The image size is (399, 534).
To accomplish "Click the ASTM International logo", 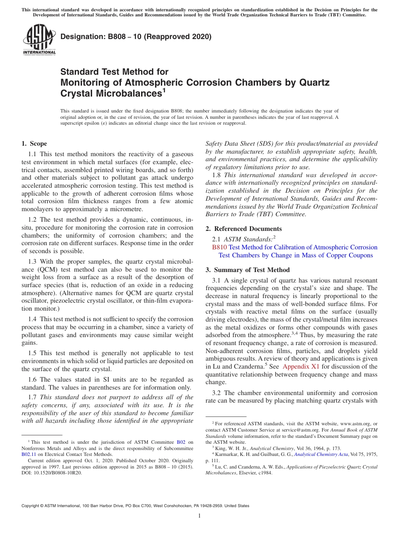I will point(39,40).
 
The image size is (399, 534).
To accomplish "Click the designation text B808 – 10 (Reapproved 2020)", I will point(136,37).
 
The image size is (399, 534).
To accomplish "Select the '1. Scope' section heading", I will point(34,144).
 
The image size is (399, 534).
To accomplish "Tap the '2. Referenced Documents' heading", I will point(244,229).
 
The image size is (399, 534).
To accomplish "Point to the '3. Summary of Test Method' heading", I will point(247,270).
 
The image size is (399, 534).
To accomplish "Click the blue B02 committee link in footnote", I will point(181,442).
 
